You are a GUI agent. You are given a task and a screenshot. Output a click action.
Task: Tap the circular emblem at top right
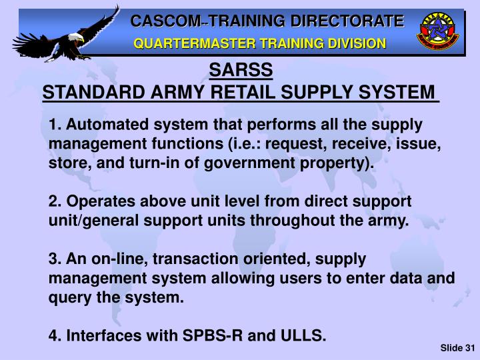pyautogui.click(x=437, y=32)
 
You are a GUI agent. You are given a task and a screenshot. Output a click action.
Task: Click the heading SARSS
pyautogui.click(x=240, y=70)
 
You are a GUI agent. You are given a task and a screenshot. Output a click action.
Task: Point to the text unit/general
pyautogui.click(x=94, y=221)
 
